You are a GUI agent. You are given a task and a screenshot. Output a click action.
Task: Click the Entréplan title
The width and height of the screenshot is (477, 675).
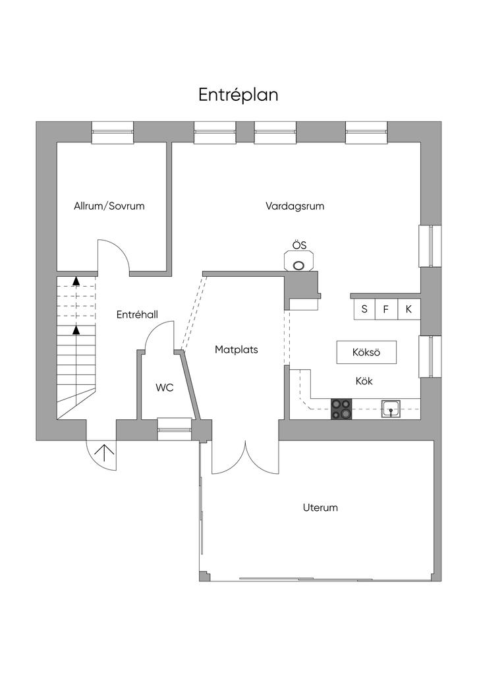(238, 95)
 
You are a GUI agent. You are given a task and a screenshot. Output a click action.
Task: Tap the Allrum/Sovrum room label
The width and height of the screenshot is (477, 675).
(109, 206)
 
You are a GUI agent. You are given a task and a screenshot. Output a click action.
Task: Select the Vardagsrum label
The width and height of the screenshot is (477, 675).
(295, 206)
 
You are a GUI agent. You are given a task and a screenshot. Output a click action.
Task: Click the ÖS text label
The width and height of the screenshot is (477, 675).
(299, 245)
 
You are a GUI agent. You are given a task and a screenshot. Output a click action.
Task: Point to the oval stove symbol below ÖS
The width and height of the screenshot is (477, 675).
(299, 265)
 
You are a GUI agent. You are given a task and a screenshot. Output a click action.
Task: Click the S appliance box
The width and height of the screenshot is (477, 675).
(364, 308)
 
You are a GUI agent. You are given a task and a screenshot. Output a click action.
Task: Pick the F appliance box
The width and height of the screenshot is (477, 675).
(387, 308)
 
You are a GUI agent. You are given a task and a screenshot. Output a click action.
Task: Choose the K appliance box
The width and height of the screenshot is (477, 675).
(409, 308)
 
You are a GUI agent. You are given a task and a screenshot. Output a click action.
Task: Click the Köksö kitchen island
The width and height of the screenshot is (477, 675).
(366, 353)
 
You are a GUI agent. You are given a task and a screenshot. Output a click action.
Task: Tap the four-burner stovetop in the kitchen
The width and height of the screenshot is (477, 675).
(342, 409)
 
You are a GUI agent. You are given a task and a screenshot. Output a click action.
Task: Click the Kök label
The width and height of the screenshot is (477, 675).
(364, 381)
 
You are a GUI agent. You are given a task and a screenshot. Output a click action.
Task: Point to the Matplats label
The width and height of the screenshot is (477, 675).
(237, 350)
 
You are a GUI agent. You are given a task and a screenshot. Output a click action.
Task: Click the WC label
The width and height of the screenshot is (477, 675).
(165, 388)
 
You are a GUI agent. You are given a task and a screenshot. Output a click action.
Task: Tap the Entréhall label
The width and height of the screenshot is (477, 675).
(137, 315)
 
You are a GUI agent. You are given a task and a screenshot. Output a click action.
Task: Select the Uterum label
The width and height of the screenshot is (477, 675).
(320, 508)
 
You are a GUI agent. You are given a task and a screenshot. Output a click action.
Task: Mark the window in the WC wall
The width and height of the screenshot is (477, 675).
(175, 428)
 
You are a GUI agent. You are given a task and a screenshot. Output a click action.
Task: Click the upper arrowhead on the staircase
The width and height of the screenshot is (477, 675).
(76, 281)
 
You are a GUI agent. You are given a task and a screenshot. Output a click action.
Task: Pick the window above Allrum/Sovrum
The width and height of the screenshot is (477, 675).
(112, 132)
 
